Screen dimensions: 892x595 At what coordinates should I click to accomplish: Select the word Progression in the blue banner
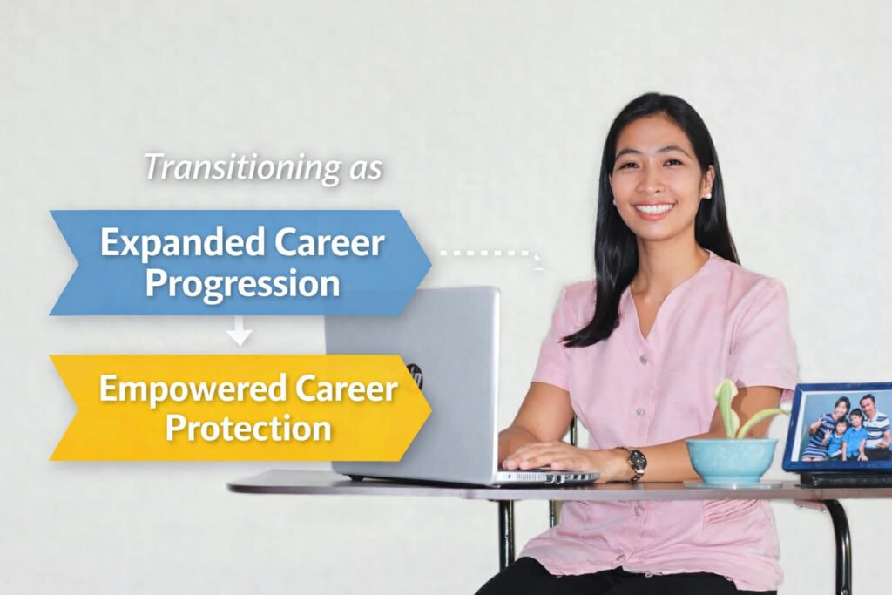coord(243,283)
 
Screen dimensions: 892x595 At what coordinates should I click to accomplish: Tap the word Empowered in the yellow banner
coord(193,389)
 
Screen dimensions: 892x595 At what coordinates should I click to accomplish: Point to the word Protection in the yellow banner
coord(248,428)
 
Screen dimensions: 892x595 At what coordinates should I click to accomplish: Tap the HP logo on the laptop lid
coord(416,375)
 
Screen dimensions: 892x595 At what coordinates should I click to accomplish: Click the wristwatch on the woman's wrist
coord(634,463)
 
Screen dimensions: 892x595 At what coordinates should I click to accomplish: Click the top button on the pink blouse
coord(644,360)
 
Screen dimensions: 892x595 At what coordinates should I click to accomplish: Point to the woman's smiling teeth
coord(655,209)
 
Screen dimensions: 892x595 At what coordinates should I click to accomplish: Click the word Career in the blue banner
coord(330,243)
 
